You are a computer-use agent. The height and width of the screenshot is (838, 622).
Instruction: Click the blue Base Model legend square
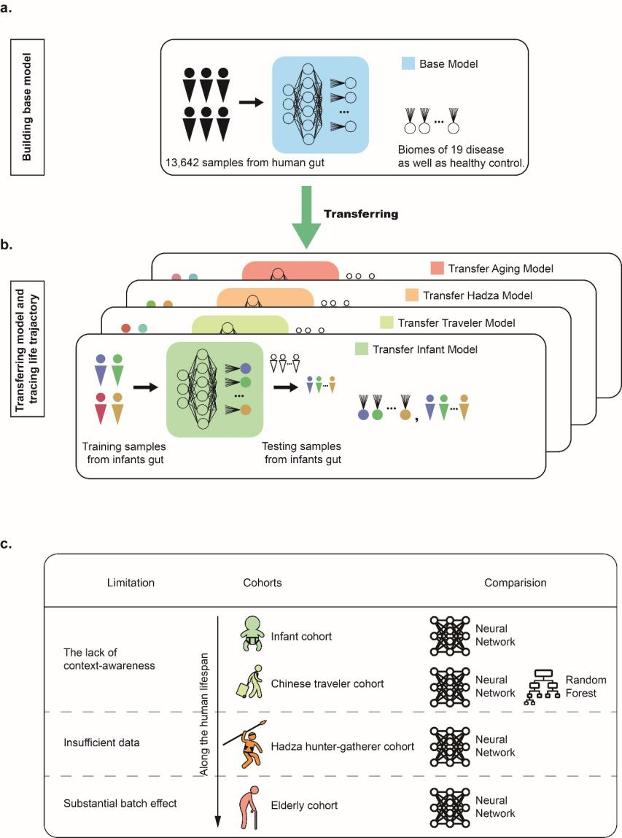[408, 64]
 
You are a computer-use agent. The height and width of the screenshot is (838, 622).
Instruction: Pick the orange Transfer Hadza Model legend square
[411, 295]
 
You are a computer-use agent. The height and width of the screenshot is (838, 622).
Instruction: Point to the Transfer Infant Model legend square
[359, 349]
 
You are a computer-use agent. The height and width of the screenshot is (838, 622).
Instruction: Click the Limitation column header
[130, 583]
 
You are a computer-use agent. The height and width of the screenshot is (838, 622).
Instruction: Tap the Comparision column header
[515, 583]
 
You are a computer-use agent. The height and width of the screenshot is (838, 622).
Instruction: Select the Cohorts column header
[263, 583]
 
